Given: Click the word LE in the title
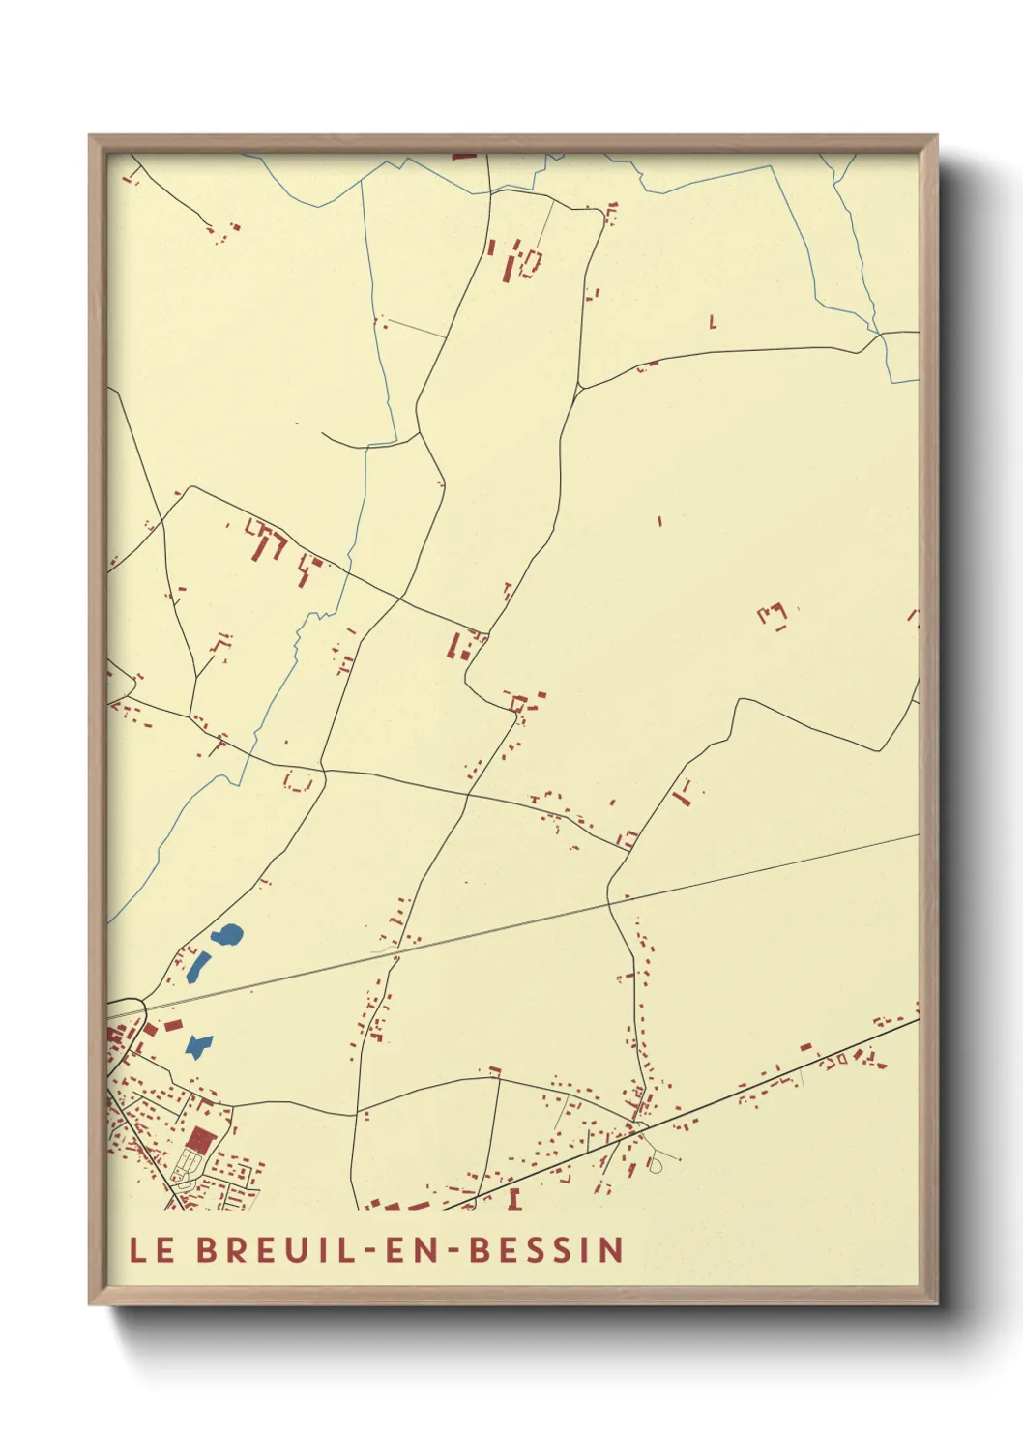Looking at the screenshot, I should point(152,1249).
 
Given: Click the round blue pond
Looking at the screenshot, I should point(228,935).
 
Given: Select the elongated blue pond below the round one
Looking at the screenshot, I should point(199,966).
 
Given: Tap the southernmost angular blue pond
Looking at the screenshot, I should point(199,1045).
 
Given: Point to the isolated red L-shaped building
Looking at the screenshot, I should point(713,322).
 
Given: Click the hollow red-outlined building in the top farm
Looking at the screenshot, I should point(531,261).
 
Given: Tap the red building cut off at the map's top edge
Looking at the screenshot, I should point(464,155).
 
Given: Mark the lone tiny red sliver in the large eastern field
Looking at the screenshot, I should point(659,521).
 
